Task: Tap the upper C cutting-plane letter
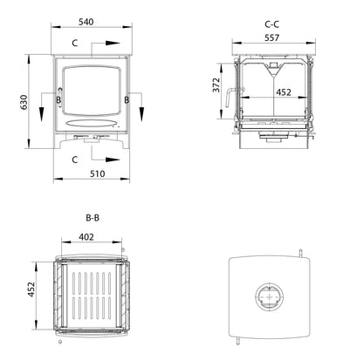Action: click(74, 42)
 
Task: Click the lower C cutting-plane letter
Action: click(74, 159)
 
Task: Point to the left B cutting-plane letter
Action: click(58, 101)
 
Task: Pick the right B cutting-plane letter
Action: click(127, 101)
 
